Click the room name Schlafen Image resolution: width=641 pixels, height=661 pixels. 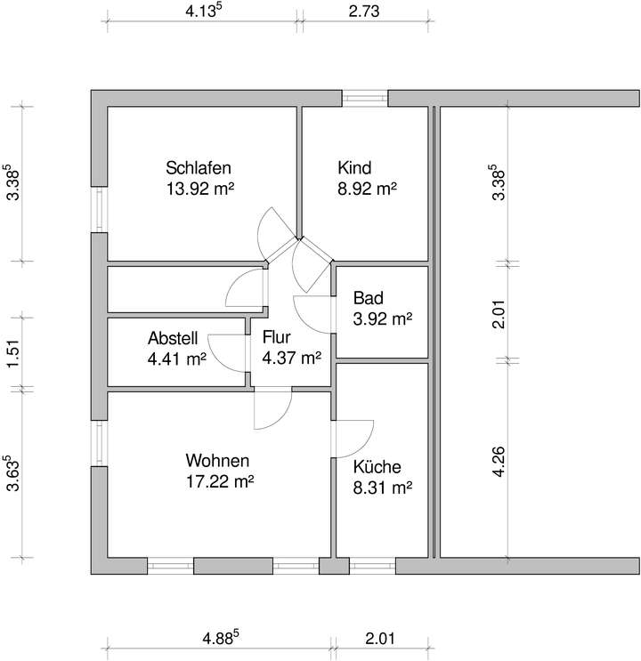[199, 167]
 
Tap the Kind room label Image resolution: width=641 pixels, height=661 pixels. [353, 167]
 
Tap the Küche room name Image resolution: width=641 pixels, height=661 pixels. [377, 467]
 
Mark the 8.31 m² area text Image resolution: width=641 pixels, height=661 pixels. [381, 488]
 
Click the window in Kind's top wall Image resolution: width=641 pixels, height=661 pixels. [365, 98]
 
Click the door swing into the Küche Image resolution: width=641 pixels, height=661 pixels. [353, 436]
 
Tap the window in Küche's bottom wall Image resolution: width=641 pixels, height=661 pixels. [372, 565]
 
